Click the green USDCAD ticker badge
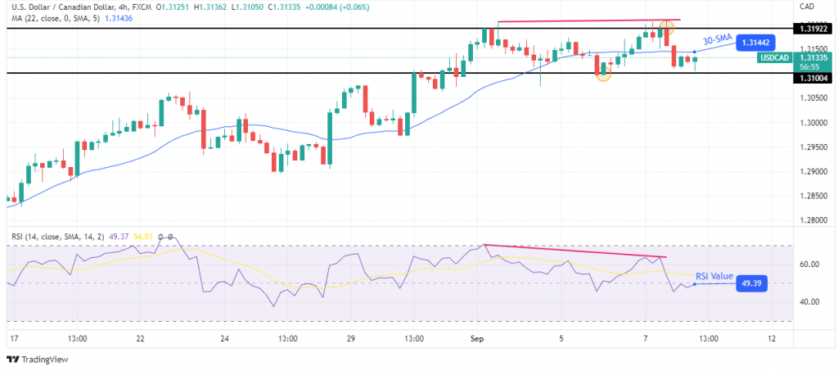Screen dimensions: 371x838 point(773,58)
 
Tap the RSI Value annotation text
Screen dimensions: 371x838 point(714,276)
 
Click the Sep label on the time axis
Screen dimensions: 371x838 point(475,338)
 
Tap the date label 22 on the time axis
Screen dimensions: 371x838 point(140,338)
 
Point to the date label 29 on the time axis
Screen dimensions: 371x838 point(350,338)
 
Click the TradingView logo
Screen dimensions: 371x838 point(38,360)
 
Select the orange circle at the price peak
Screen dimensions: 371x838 point(667,27)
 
